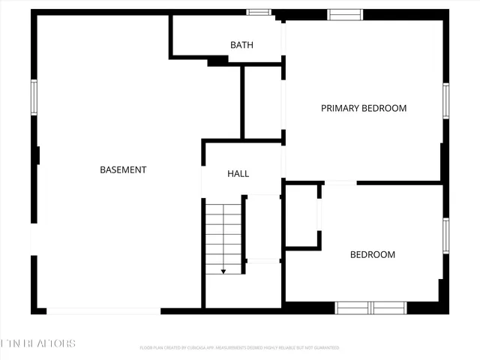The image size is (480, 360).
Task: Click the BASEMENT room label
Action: (123, 170)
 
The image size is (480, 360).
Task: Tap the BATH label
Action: (241, 45)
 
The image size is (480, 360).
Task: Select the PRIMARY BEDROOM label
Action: (364, 108)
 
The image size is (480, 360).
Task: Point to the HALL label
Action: (238, 174)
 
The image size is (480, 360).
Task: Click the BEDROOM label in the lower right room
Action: (373, 255)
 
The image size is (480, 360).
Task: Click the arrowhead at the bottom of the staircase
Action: (223, 271)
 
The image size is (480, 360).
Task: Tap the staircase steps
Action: (223, 236)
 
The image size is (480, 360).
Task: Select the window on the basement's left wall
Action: (34, 97)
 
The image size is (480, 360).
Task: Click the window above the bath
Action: (259, 12)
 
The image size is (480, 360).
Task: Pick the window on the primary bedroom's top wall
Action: (345, 14)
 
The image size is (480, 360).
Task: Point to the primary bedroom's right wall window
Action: (445, 101)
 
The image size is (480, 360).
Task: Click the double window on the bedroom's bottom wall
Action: (370, 307)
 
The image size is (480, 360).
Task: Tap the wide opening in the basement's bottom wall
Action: (103, 310)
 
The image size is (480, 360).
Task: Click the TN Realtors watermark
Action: (38, 343)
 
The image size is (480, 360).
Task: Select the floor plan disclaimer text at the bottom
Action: (240, 348)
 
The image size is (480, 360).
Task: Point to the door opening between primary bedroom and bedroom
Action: (340, 182)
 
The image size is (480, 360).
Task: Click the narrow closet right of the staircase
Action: (262, 227)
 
